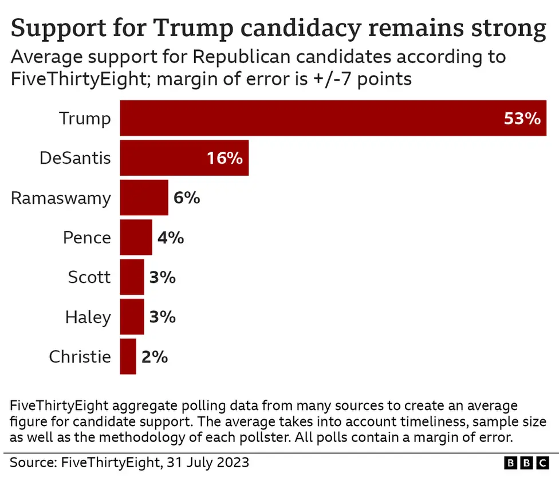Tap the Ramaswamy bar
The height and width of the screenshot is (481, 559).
click(144, 198)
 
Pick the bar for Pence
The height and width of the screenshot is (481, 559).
click(136, 237)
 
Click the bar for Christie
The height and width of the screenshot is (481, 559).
click(128, 356)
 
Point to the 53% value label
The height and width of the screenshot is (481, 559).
click(522, 119)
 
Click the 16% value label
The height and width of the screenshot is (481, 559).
click(225, 158)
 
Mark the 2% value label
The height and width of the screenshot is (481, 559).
click(155, 356)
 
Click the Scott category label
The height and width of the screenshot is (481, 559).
click(89, 277)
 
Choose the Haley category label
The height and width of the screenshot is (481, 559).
click(88, 317)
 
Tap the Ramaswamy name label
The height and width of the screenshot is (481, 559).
click(61, 198)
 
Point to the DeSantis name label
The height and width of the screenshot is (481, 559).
click(75, 158)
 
